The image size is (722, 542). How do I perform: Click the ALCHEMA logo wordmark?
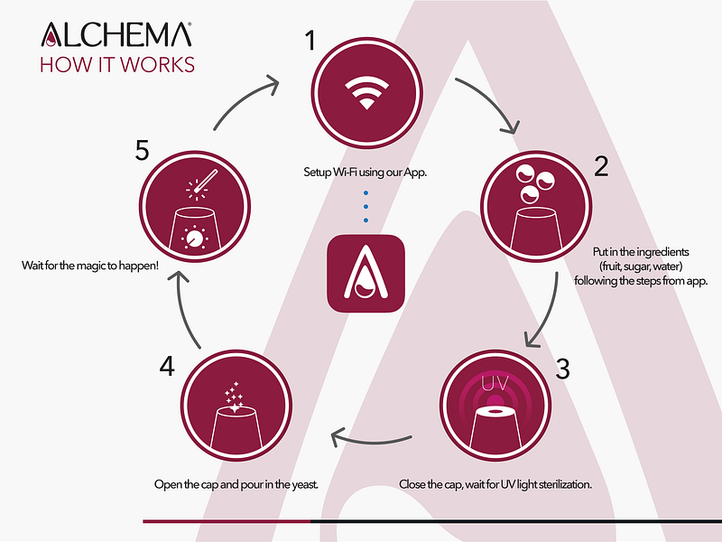pyautogui.click(x=116, y=34)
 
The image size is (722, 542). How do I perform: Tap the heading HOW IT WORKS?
pyautogui.click(x=117, y=64)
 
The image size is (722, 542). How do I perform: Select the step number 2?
pyautogui.click(x=601, y=166)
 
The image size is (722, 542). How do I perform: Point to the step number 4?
pyautogui.click(x=167, y=367)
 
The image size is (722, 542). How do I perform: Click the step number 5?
pyautogui.click(x=143, y=150)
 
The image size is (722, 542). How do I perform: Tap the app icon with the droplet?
pyautogui.click(x=366, y=274)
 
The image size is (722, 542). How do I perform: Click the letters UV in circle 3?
pyautogui.click(x=495, y=383)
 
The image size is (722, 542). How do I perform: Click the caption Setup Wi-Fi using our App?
pyautogui.click(x=366, y=173)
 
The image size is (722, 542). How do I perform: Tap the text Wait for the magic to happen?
pyautogui.click(x=90, y=266)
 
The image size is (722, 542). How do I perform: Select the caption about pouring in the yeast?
pyautogui.click(x=236, y=484)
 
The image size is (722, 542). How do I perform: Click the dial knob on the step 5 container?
pyautogui.click(x=194, y=238)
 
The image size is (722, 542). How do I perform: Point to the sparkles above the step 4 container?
pyautogui.click(x=234, y=397)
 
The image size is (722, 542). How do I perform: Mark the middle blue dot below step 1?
pyautogui.click(x=366, y=207)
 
